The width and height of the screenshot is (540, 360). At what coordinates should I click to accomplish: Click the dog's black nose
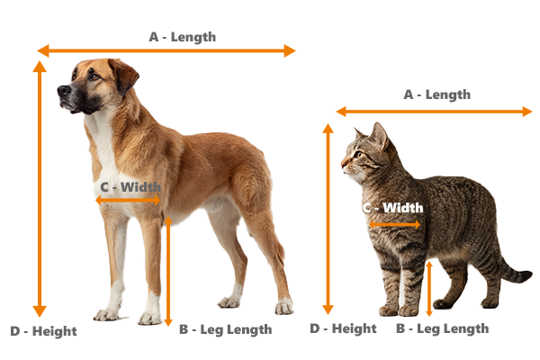(x=62, y=91)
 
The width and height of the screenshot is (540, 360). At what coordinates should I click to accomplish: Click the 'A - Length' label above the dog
(x=182, y=37)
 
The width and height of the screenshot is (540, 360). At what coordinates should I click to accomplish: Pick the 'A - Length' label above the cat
(x=436, y=94)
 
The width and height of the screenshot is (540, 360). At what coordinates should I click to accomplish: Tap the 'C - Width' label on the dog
(x=130, y=187)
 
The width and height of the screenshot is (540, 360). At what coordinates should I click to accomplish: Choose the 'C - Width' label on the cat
(x=392, y=208)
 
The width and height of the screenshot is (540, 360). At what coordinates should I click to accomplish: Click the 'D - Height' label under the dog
(x=43, y=331)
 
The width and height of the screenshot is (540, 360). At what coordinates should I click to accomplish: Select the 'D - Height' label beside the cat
(x=343, y=328)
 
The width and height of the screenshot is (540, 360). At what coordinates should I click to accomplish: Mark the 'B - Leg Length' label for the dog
(x=225, y=329)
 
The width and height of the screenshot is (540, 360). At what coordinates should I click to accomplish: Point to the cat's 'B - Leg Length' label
(x=442, y=328)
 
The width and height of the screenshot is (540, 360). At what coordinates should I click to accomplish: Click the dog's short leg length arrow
(x=167, y=270)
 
